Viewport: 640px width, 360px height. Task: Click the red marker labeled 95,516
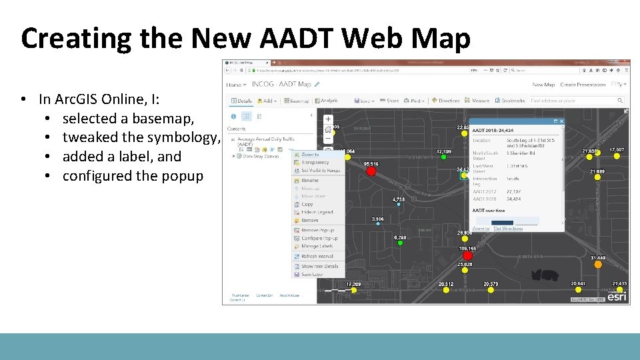371,171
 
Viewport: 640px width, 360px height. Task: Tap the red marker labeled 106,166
467,255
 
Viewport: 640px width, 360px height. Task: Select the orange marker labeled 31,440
598,264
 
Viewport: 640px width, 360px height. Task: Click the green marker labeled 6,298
400,243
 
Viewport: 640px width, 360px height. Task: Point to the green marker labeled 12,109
443,157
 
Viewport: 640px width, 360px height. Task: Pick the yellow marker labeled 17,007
617,156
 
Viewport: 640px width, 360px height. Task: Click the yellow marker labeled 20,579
491,290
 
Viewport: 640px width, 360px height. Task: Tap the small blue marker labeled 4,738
399,205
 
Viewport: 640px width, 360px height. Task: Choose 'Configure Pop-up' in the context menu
319,238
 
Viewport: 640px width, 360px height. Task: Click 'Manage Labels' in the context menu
317,246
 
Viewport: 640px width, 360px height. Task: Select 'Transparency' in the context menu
315,162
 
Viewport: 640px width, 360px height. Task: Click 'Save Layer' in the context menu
312,274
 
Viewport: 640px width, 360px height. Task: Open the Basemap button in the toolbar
297,101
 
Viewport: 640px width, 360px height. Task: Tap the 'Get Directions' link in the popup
508,229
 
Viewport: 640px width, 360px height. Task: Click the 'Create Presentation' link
583,85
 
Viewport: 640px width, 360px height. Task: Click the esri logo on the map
617,297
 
